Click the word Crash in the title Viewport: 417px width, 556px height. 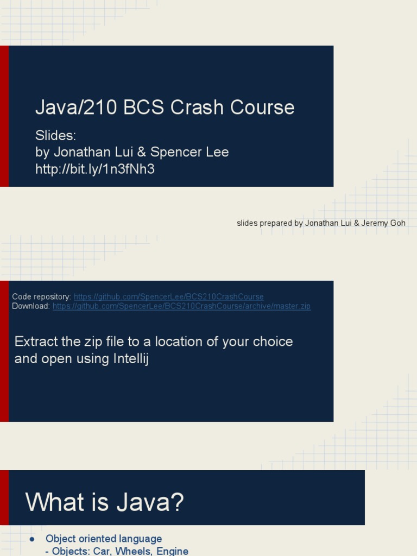coord(198,108)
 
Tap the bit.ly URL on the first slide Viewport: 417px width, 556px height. coord(95,169)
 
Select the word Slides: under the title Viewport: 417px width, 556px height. coord(55,136)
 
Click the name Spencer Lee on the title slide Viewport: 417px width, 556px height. coord(189,152)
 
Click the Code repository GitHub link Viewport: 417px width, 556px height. coord(168,297)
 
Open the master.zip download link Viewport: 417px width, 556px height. coord(181,306)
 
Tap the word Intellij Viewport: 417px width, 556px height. coord(128,359)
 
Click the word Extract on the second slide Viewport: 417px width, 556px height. coord(35,342)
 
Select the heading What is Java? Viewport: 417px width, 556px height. coord(105,502)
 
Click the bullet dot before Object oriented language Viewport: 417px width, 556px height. coord(32,539)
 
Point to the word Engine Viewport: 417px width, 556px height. coord(173,551)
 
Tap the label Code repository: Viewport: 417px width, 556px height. coord(42,297)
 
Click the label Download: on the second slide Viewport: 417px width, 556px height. coord(31,306)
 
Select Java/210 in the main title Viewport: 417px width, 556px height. coord(77,108)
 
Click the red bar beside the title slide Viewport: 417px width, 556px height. coord(4,116)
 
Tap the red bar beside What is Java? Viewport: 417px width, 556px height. coord(4,497)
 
